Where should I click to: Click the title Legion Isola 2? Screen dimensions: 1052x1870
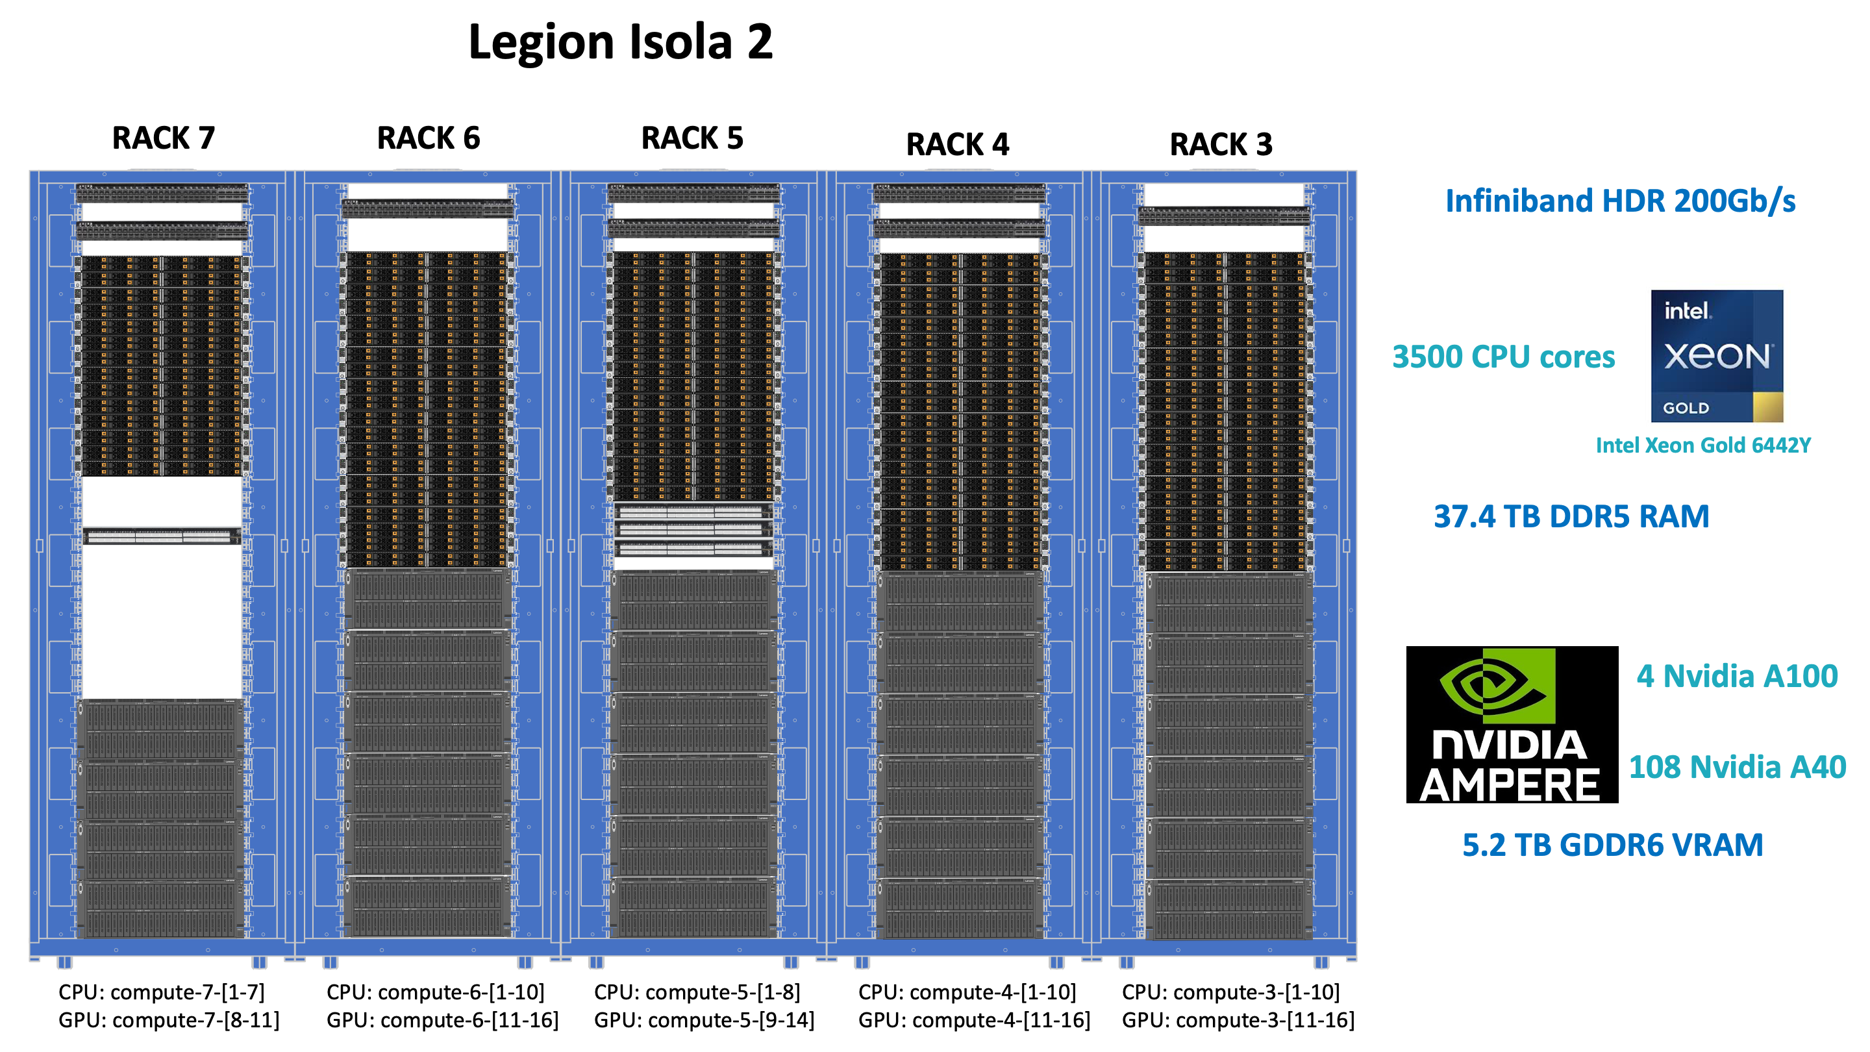pos(620,42)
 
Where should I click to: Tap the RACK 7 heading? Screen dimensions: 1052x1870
pos(164,138)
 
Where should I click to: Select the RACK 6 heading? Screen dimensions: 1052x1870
pos(429,138)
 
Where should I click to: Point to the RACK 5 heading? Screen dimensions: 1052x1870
pos(692,138)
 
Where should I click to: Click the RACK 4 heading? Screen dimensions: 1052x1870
pos(957,144)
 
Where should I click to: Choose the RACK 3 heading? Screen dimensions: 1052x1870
pos(1221,144)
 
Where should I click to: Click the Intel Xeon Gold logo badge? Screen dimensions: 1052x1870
pos(1716,356)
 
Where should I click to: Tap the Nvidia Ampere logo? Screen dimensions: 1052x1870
pos(1512,724)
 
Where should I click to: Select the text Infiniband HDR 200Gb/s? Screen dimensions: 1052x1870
pos(1619,201)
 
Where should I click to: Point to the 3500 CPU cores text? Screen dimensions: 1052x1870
pos(1502,357)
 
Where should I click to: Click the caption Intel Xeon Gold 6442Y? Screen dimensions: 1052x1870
pos(1702,445)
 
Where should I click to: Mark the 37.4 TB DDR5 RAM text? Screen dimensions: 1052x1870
pos(1571,516)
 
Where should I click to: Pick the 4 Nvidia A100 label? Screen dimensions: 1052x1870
pos(1736,676)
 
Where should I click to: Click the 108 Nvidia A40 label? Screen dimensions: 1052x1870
pos(1736,767)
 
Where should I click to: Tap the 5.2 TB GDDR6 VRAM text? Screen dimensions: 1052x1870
pos(1612,845)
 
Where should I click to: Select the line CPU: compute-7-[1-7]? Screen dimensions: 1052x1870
pos(161,992)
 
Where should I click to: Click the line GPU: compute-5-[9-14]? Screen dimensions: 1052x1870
pos(703,1020)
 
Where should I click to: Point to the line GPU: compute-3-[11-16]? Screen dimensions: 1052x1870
pos(1238,1020)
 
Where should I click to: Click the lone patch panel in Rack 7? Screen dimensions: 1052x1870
pos(161,536)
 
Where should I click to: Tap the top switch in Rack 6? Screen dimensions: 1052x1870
pos(428,208)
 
